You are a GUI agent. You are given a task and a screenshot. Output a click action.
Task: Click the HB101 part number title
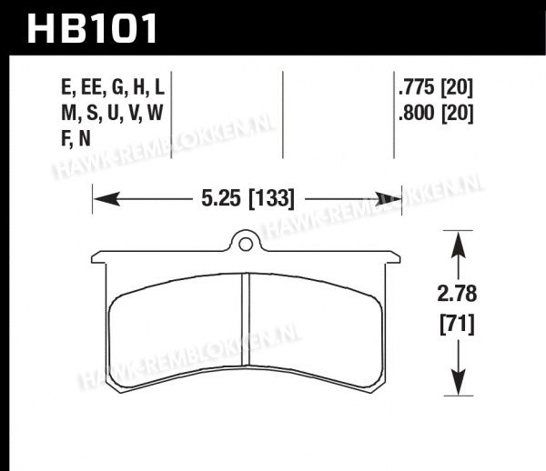coord(92,29)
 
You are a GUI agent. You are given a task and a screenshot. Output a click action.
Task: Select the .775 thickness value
coord(417,87)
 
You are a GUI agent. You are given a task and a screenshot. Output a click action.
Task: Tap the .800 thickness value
coord(417,113)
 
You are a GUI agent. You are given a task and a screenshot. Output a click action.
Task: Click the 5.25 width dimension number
coord(221,198)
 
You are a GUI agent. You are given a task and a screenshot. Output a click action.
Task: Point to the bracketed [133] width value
coord(272,199)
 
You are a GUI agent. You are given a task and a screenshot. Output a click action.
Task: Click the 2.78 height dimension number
coord(457,294)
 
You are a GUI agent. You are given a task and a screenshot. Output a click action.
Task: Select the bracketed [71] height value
coord(457,324)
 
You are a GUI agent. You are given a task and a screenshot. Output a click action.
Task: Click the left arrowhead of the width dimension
coord(106,199)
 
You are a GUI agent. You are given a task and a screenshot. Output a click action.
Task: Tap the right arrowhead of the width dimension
coord(388,199)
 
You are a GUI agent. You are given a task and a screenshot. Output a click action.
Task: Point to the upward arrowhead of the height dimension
coord(459,245)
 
